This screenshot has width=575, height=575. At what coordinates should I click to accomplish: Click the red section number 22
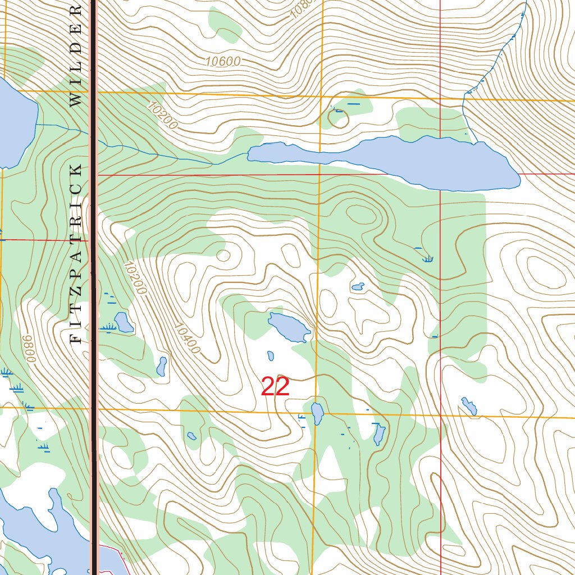(x=275, y=387)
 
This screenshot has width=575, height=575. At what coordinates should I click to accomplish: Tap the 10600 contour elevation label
(x=222, y=62)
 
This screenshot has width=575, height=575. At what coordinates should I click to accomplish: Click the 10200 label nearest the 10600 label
(x=163, y=115)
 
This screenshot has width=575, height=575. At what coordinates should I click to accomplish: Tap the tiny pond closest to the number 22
(x=271, y=356)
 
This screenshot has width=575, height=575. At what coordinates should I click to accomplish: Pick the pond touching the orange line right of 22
(x=317, y=414)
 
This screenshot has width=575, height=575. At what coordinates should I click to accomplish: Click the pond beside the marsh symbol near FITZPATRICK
(x=124, y=322)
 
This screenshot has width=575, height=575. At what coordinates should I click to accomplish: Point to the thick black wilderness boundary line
(x=94, y=281)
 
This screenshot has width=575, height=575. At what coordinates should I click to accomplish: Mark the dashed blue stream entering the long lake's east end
(x=494, y=67)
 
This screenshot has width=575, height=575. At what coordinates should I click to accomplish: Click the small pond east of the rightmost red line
(x=469, y=406)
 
